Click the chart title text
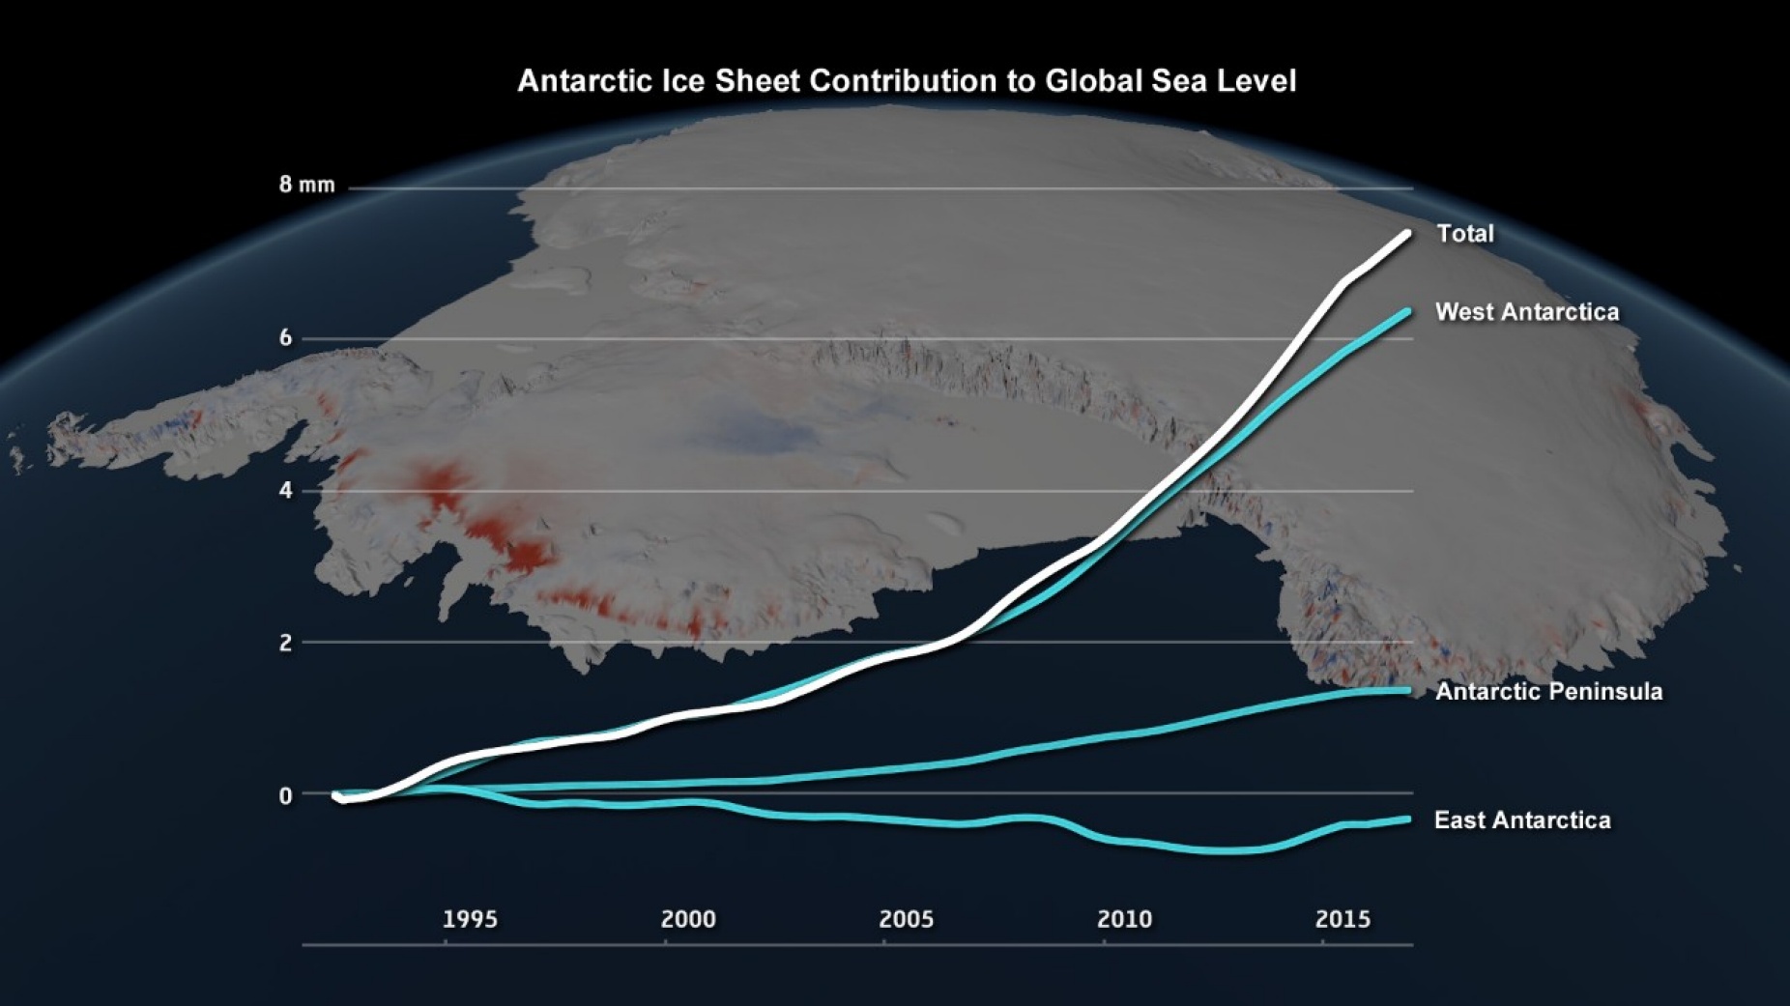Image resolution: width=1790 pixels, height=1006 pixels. tap(906, 81)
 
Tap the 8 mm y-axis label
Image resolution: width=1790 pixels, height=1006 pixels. tap(306, 185)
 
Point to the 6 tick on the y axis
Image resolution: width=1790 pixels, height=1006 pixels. tap(285, 338)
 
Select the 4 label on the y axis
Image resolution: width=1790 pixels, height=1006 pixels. tap(285, 490)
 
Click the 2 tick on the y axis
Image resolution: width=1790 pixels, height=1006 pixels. tap(285, 643)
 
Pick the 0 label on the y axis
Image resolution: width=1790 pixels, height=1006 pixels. tap(285, 795)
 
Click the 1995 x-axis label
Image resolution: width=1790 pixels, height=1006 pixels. tap(470, 919)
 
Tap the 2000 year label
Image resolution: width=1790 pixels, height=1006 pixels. tap(688, 919)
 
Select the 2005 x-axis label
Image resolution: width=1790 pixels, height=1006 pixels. tap(907, 919)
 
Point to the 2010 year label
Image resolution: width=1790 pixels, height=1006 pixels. tap(1124, 919)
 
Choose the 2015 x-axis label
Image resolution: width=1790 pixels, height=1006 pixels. tap(1342, 919)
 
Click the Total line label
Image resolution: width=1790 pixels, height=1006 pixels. tap(1464, 234)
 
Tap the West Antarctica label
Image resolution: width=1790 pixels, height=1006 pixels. tap(1526, 312)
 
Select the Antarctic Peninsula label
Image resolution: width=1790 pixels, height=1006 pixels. tap(1548, 692)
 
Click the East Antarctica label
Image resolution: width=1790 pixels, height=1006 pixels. tap(1522, 820)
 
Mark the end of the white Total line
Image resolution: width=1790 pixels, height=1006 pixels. tap(1406, 234)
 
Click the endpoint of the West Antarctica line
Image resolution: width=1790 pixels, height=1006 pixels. tap(1406, 312)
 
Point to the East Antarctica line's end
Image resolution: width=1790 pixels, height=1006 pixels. tap(1406, 819)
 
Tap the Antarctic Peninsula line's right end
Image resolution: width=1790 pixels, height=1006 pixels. tap(1406, 690)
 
